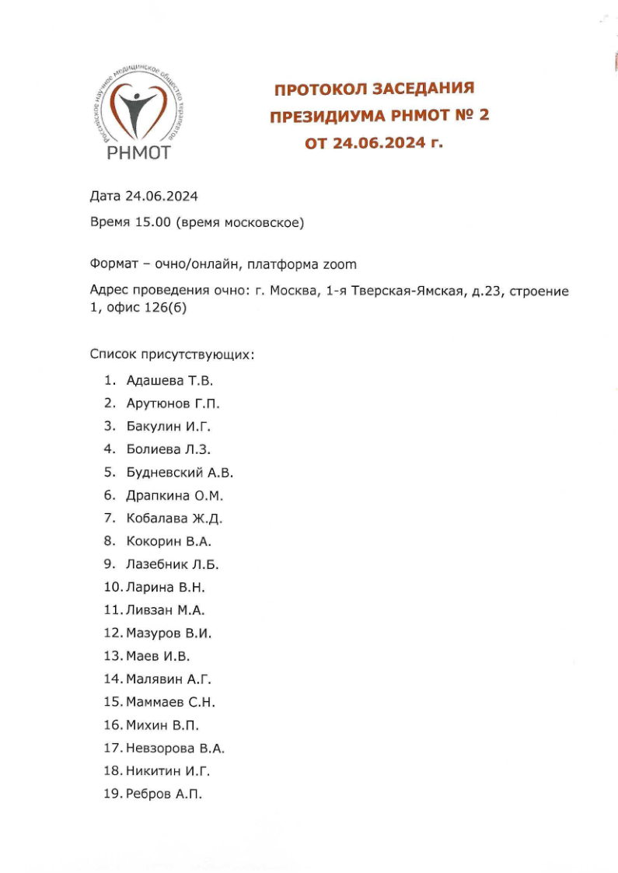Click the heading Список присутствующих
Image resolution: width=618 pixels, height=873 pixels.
(172, 355)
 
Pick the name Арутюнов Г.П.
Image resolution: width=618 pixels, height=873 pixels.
(173, 403)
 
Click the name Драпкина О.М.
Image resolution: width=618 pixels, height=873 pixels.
(174, 495)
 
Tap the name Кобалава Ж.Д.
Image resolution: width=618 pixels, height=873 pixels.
(168, 519)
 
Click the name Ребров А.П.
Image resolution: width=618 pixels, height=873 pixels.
(163, 794)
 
